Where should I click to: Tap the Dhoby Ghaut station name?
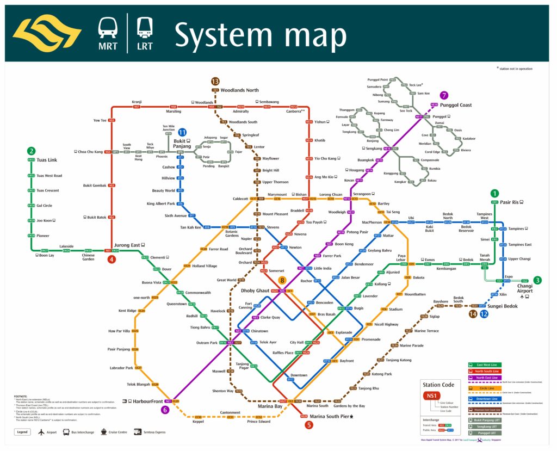255,291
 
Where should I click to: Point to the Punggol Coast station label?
455,105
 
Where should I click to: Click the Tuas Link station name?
47,160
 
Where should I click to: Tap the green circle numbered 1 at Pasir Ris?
494,193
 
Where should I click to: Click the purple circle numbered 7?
444,95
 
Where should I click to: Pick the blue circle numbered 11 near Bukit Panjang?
182,132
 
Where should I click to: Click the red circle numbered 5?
309,425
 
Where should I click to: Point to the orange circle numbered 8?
282,281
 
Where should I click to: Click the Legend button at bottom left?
22,432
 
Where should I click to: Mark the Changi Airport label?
525,288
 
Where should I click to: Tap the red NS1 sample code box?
433,396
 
